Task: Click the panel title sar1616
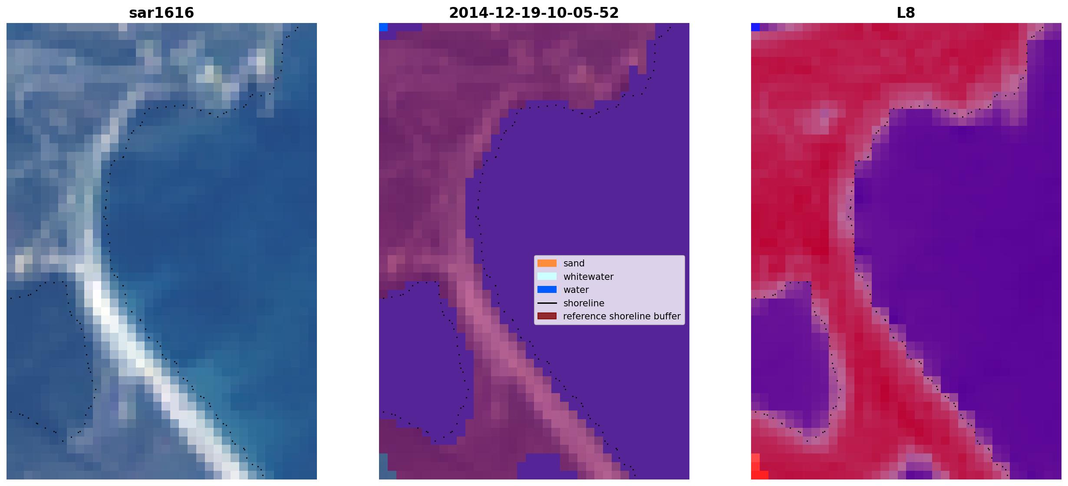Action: click(162, 13)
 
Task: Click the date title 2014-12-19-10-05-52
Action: click(534, 13)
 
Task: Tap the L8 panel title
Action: click(906, 13)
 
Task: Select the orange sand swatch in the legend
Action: click(547, 263)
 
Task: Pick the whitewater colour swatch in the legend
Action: click(547, 276)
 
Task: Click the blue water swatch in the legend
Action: click(547, 289)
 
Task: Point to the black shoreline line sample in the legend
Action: click(547, 303)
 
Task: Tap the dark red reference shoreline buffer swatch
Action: click(547, 316)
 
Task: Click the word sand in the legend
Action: click(574, 263)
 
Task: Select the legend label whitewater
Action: click(588, 277)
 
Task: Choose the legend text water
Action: click(576, 290)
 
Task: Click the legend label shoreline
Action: click(584, 303)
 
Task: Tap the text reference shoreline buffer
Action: click(622, 316)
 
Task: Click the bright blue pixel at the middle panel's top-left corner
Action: click(383, 27)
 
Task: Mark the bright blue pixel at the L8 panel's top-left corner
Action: click(755, 27)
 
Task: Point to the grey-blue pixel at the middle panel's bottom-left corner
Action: click(383, 466)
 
